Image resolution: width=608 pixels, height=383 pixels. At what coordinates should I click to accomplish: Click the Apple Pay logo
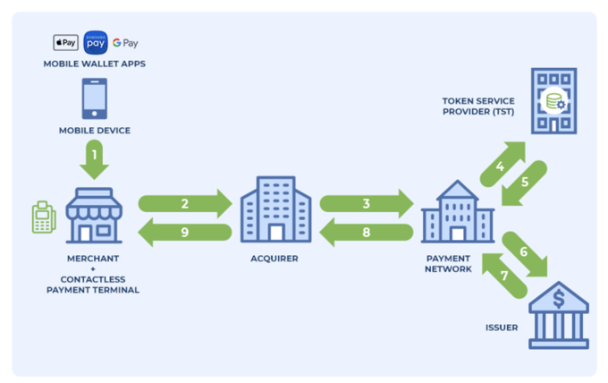65,43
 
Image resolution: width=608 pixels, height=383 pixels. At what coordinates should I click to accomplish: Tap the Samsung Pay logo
96,42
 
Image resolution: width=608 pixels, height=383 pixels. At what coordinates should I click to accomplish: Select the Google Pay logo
125,43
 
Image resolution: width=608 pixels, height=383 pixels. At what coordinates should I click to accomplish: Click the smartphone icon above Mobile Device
94,98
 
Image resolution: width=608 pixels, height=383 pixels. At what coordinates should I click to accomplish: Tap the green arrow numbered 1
94,162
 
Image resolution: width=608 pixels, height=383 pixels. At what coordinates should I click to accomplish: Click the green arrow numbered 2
185,203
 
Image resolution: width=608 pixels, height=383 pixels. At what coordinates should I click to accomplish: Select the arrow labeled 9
185,233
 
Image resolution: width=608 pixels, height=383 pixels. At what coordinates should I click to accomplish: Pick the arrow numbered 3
367,203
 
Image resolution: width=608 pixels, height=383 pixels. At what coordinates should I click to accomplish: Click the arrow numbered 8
367,233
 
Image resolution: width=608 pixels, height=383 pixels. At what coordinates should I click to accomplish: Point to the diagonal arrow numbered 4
502,164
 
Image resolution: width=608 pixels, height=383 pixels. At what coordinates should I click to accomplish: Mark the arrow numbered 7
502,273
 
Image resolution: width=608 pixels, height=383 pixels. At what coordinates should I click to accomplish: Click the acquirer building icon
275,209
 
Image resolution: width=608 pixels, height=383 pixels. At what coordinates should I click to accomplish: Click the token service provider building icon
553,100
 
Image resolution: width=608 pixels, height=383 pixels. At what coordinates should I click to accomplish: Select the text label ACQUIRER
275,259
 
